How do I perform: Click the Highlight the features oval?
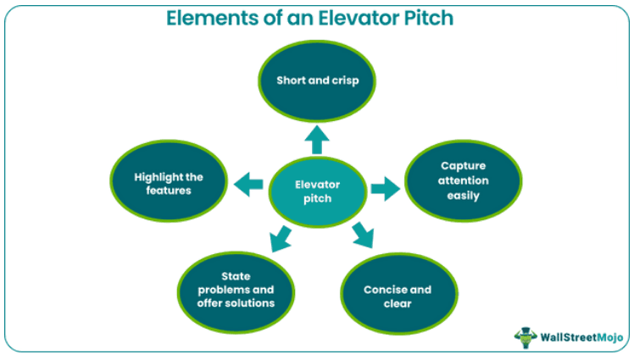[x=169, y=183]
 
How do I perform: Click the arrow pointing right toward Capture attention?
[x=384, y=189]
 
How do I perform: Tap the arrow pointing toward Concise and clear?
[x=363, y=235]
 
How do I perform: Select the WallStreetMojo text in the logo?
[x=579, y=336]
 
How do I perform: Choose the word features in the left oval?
[x=169, y=191]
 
